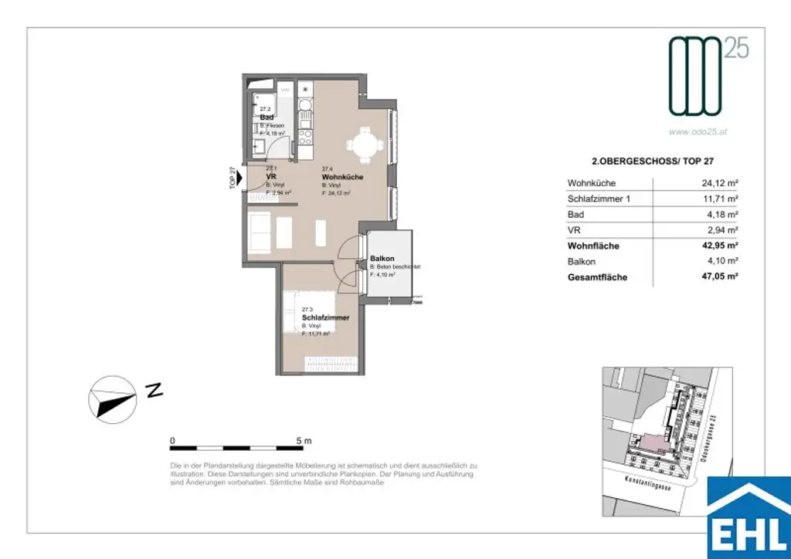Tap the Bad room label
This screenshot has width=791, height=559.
pos(266,117)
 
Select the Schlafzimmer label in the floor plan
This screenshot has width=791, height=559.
pos(325,317)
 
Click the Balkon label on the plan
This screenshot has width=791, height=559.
pos(382,259)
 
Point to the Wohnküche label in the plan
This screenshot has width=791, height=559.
pos(342,178)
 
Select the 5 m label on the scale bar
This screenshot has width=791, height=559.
pos(304,441)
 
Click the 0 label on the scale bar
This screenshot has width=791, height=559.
pos(172,441)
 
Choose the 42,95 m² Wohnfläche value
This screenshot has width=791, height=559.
pos(719,246)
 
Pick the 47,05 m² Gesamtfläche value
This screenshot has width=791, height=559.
pos(719,277)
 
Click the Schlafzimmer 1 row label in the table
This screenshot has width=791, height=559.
pos(599,199)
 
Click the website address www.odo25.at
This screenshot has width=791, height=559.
pos(698,132)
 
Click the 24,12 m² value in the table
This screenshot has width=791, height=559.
pos(719,184)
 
